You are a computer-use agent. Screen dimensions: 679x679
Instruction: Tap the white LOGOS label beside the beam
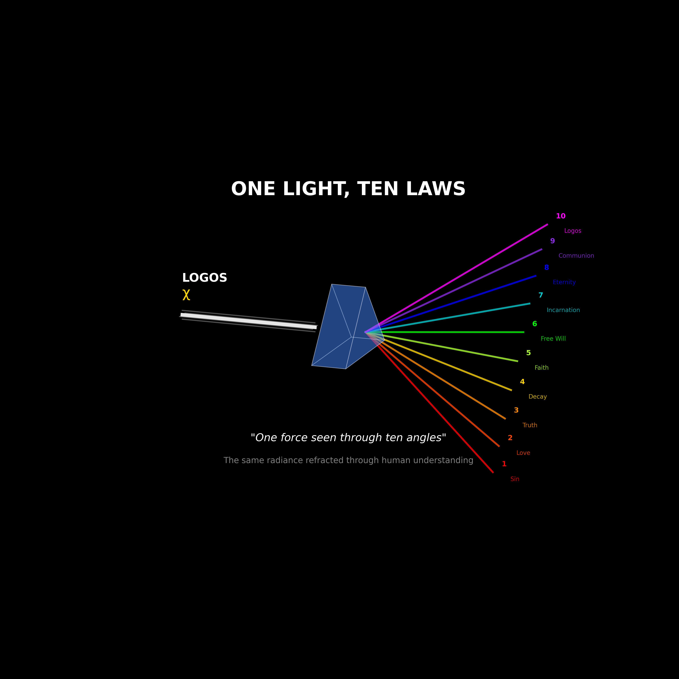pos(205,278)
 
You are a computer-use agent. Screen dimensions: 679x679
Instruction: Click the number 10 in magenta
pos(561,216)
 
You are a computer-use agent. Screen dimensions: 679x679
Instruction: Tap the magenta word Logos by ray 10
pos(573,231)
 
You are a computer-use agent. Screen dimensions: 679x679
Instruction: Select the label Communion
pos(576,256)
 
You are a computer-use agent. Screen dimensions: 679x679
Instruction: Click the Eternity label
pos(564,282)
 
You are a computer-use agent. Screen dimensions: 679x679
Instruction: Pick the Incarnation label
pos(563,310)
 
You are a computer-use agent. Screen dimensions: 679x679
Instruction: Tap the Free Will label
pos(553,339)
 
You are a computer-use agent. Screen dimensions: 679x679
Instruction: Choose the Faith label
pos(541,368)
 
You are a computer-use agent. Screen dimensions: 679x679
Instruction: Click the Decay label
pos(537,397)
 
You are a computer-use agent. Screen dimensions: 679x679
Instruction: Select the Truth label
pos(530,425)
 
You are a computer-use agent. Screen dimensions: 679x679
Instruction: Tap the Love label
pos(523,453)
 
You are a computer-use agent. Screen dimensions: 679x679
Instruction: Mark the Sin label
pos(515,479)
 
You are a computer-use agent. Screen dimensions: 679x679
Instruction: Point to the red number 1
pos(504,464)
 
